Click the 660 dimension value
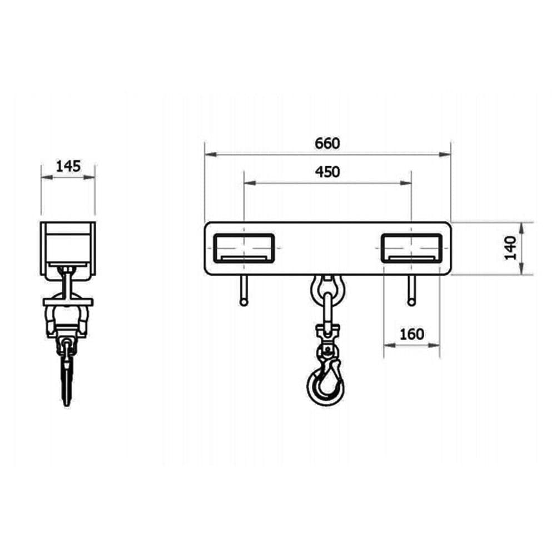click(x=327, y=143)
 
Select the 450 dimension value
click(x=327, y=172)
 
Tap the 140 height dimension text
click(x=511, y=248)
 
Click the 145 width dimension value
click(x=68, y=166)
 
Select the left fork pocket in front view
click(x=244, y=248)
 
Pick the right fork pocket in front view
click(x=411, y=248)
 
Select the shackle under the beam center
click(x=327, y=289)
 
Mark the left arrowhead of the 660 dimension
click(x=209, y=154)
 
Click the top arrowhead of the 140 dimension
click(x=522, y=226)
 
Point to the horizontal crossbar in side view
click(x=68, y=302)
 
